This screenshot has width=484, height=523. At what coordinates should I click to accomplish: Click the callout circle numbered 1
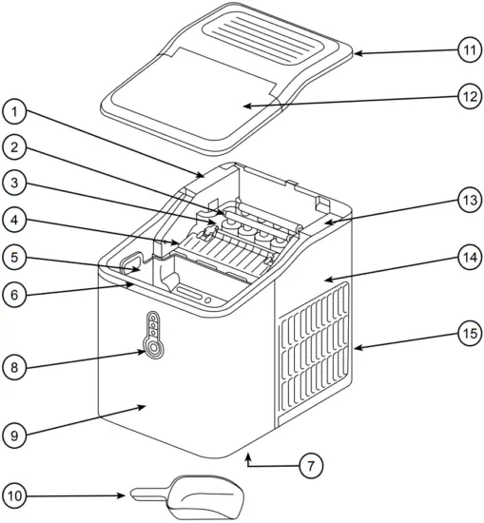click(x=15, y=113)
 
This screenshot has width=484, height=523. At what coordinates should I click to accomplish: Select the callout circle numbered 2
click(x=15, y=147)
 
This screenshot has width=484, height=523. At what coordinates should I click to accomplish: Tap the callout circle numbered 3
click(x=15, y=183)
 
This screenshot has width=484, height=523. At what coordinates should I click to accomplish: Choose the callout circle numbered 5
click(x=15, y=257)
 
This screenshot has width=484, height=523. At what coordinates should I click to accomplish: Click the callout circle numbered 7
click(x=310, y=466)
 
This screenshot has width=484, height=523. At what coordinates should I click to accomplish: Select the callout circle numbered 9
click(x=15, y=436)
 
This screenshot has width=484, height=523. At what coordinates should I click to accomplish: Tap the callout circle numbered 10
click(x=15, y=494)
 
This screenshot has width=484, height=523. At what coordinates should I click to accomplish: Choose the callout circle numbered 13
click(x=466, y=201)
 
